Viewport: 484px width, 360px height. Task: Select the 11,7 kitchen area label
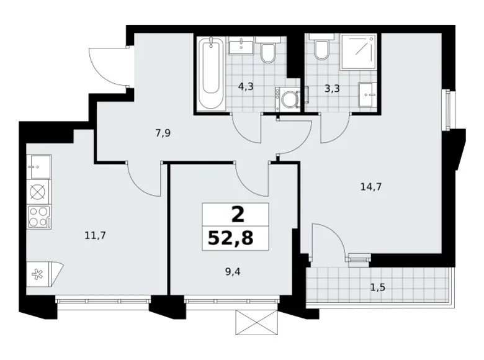[x=94, y=235]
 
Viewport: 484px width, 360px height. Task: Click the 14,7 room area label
[x=370, y=185]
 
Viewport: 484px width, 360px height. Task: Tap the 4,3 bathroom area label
[x=246, y=87]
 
